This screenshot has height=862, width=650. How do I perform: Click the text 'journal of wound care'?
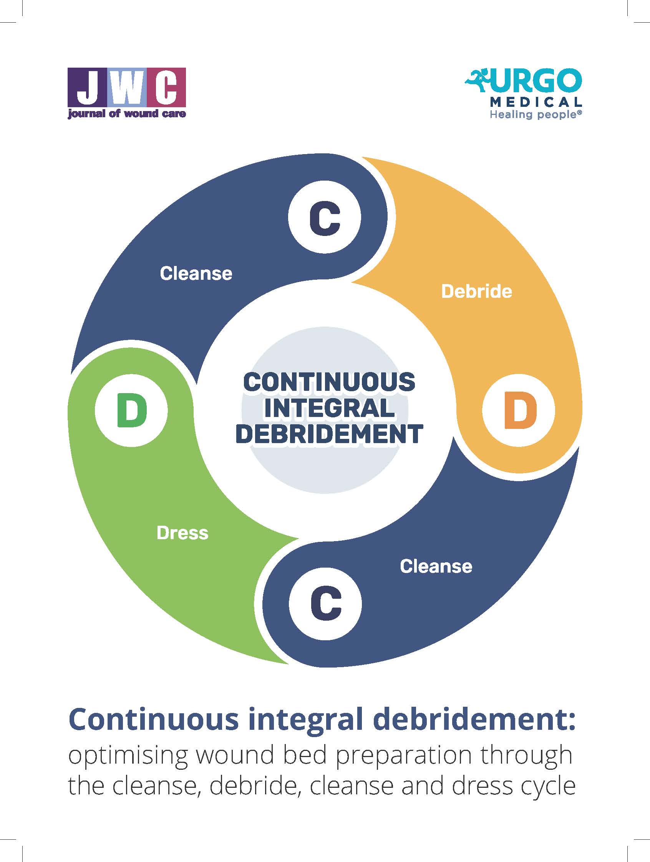coord(126,114)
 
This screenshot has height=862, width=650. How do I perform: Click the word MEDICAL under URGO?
coord(536,102)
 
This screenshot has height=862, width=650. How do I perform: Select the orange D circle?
coord(518,410)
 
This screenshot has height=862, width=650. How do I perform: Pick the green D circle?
coord(132,410)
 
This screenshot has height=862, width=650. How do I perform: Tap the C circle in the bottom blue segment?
coord(325,604)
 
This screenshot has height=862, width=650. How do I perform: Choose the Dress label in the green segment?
coord(182,533)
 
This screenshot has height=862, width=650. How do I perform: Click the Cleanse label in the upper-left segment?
coord(196,273)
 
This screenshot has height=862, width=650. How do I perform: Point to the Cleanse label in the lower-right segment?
coord(436,566)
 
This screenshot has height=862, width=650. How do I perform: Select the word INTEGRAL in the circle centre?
coord(329,408)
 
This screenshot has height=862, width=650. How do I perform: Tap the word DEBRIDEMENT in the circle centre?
coord(329,434)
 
